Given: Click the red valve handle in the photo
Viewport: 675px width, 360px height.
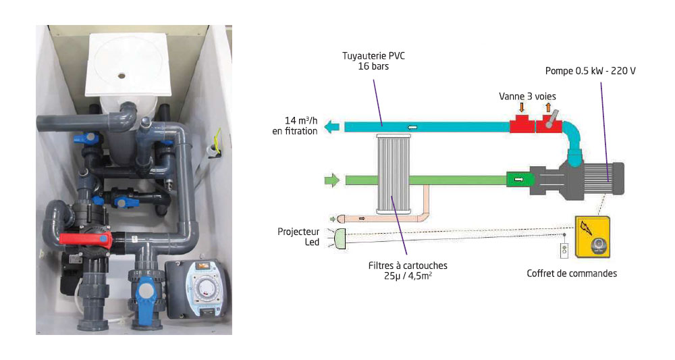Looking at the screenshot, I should [x=84, y=238].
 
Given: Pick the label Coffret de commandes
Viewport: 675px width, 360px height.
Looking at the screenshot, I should [x=572, y=274].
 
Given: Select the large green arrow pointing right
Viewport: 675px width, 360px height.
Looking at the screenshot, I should [x=332, y=180].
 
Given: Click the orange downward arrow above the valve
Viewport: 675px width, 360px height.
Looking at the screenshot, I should [x=522, y=108].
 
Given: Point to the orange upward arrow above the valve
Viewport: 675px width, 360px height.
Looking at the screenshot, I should [x=548, y=107].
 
